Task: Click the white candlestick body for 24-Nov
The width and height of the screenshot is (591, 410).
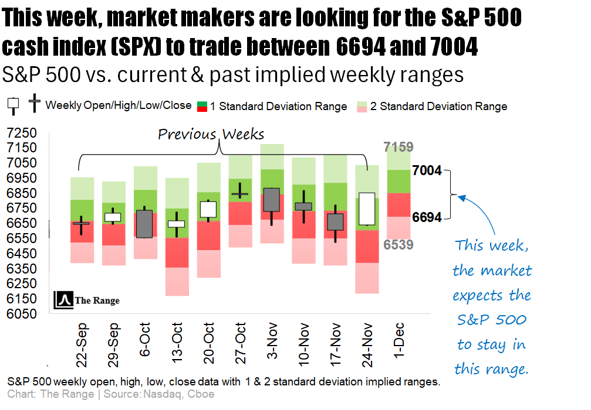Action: click(x=367, y=209)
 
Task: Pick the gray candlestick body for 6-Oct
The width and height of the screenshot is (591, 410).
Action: click(x=144, y=224)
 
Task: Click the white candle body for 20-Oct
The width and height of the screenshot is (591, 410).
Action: click(x=208, y=209)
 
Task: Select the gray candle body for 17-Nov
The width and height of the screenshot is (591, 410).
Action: click(x=335, y=222)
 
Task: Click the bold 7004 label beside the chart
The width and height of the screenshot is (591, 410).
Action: click(x=427, y=170)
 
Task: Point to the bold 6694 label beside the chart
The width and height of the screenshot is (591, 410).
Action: click(x=427, y=217)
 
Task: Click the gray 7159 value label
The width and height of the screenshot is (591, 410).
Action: click(x=399, y=147)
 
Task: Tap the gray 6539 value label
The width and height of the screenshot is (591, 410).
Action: click(x=399, y=244)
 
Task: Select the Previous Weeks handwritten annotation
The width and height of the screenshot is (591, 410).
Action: click(x=211, y=134)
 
